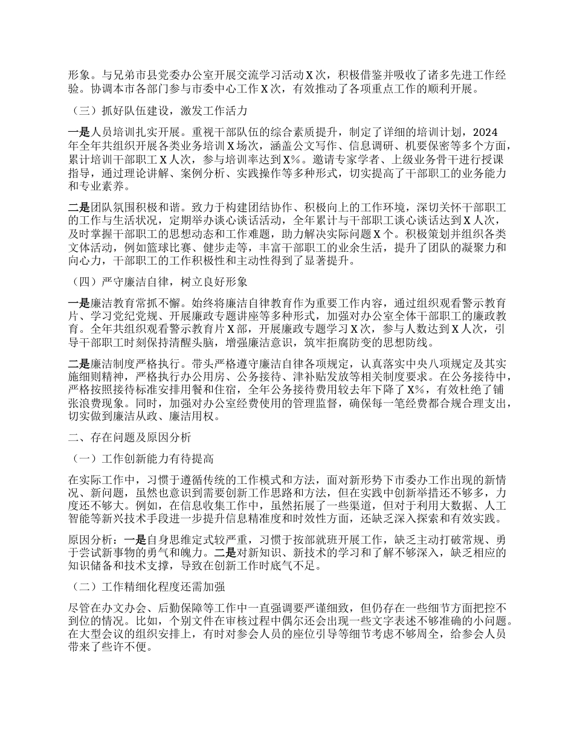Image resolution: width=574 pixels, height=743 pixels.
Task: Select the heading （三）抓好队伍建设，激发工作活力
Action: point(156,111)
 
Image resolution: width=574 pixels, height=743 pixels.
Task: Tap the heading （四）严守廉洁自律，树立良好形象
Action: point(156,281)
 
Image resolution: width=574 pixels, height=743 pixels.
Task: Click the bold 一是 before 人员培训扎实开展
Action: point(79,132)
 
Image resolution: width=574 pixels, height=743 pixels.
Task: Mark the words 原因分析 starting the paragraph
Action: point(91,527)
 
